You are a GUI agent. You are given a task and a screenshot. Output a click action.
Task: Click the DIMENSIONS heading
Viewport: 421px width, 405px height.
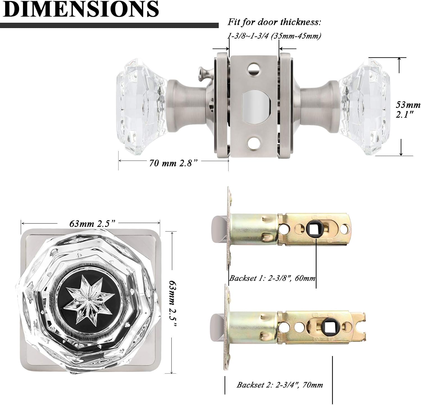81,9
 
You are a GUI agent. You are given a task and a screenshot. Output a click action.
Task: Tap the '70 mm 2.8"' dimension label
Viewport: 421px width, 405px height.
173,163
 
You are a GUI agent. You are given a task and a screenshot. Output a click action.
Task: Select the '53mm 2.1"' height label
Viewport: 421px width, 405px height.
408,109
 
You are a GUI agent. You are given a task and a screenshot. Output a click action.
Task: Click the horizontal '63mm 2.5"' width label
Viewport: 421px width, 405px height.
92,224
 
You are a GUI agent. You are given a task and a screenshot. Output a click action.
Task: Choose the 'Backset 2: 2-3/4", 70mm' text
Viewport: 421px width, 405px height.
280,385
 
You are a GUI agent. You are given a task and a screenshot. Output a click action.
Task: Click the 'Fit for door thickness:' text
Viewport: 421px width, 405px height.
274,22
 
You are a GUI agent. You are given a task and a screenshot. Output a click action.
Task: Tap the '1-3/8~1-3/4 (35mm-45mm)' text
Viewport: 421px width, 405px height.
274,36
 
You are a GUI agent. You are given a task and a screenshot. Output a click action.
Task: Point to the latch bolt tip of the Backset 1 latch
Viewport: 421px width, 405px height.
219,229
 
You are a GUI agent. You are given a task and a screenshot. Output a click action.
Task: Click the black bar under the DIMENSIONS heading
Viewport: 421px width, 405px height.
109,26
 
